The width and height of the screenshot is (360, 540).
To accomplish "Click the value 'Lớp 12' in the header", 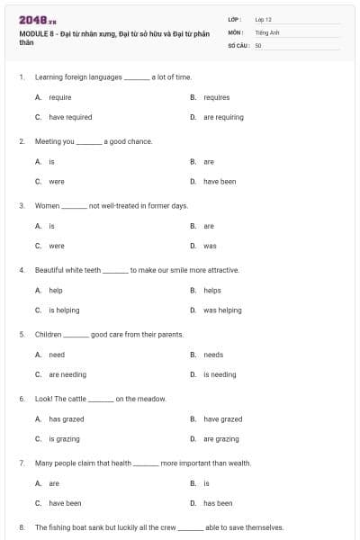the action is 264,18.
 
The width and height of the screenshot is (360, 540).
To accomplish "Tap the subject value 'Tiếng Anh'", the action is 267,31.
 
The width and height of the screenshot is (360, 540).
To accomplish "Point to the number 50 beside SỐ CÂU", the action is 258,44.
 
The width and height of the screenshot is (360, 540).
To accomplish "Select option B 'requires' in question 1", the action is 216,97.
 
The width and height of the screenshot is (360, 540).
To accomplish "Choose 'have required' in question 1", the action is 69,117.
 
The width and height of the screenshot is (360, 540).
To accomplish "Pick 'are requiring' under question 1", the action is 223,117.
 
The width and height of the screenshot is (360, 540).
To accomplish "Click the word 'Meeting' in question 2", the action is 48,141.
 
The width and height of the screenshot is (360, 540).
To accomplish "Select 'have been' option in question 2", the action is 220,181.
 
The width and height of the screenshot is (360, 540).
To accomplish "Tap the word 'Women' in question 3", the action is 47,205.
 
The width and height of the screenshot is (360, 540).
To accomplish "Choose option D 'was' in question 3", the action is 210,246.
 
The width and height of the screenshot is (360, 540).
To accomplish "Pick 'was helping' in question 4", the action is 222,310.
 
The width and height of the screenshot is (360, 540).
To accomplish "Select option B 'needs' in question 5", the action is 213,355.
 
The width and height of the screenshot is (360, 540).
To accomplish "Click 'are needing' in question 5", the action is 67,374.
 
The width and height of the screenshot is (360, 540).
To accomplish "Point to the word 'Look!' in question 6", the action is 43,399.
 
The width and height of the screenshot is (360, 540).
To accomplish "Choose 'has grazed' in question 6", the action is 67,419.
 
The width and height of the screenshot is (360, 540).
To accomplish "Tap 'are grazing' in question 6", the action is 221,439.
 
